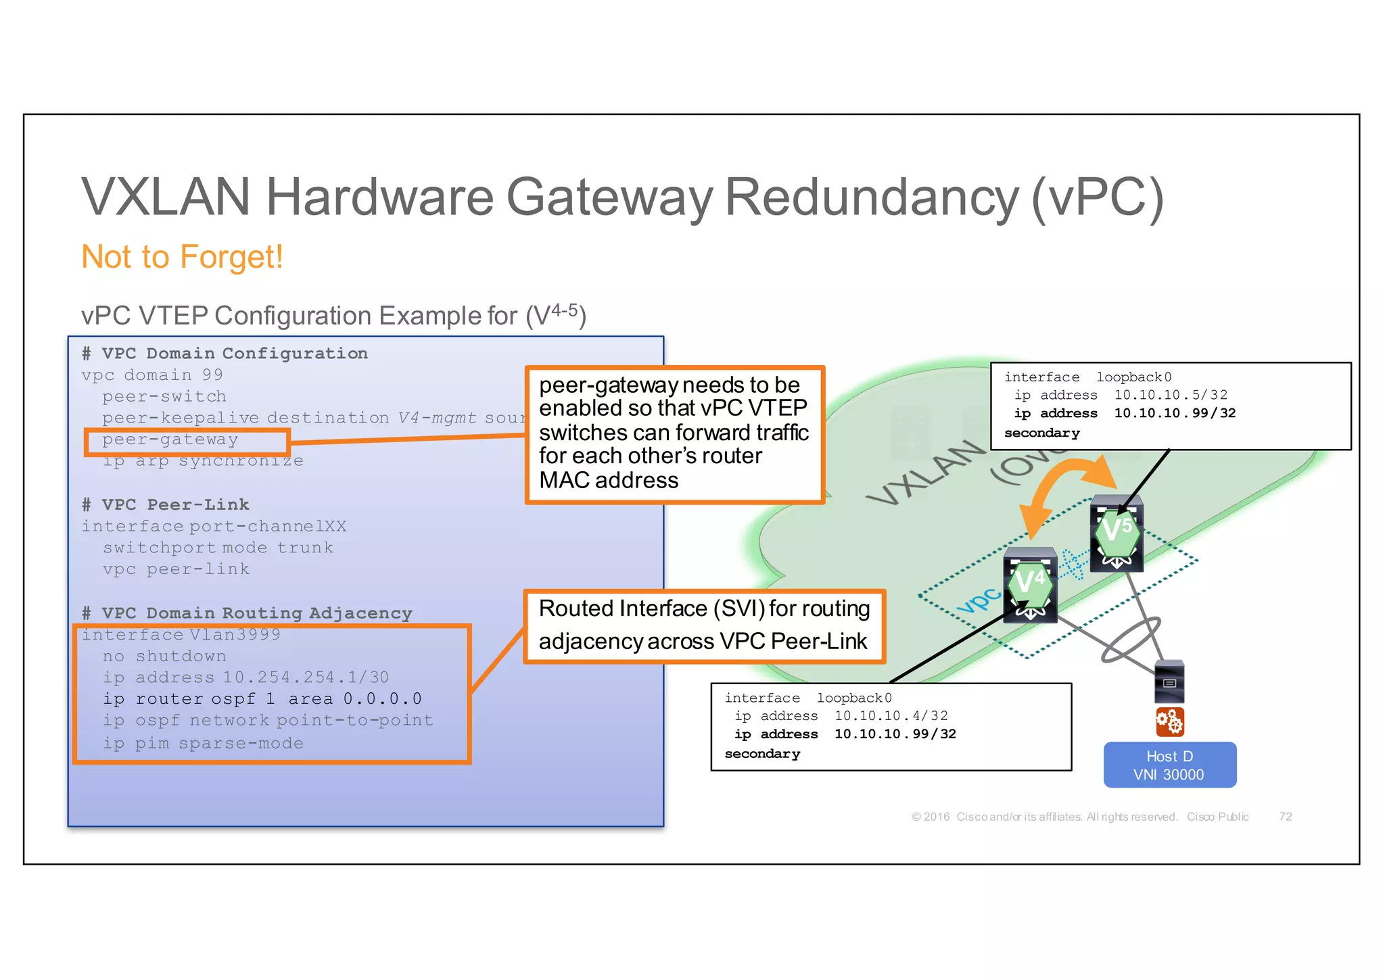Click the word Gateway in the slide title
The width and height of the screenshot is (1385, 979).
tap(609, 197)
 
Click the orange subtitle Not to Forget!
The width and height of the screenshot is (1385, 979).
tap(182, 257)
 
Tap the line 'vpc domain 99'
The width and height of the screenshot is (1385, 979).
tap(152, 375)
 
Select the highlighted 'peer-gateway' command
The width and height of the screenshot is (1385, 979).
tap(170, 439)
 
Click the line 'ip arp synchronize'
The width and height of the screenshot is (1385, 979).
tap(203, 461)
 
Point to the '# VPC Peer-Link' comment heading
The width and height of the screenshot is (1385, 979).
tap(166, 504)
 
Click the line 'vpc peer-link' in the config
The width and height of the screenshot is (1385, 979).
tap(176, 569)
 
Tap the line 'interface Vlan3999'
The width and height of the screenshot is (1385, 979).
tap(181, 634)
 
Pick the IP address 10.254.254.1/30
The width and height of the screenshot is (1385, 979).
tap(306, 677)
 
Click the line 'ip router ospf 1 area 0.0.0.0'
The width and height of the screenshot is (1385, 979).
tap(262, 699)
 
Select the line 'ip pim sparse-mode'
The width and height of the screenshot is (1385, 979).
tap(203, 743)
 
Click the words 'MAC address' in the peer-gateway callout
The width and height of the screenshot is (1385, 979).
tap(609, 480)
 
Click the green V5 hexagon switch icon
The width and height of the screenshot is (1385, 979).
tap(1117, 531)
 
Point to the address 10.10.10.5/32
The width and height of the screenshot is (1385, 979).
tap(1171, 395)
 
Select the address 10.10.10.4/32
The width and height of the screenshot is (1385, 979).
tap(891, 716)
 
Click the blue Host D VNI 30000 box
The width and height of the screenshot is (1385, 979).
tap(1169, 765)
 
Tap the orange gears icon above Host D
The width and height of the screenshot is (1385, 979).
tap(1169, 721)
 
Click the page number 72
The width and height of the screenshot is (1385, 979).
tap(1285, 817)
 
